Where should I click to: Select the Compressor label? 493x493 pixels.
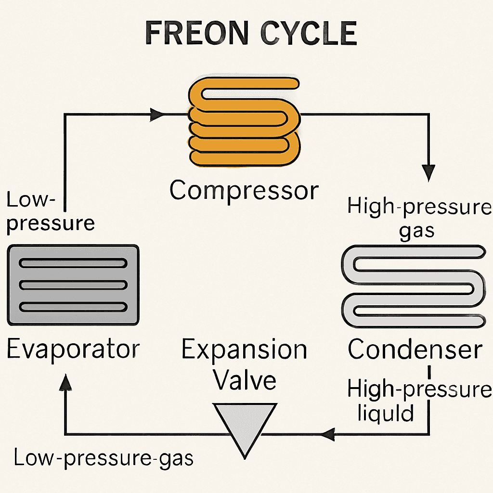click(x=244, y=191)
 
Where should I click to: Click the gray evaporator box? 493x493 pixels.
click(x=73, y=285)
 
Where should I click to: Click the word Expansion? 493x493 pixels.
click(x=244, y=350)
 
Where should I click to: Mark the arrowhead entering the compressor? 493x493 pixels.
click(x=157, y=115)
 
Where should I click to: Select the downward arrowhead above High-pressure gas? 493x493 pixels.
click(x=428, y=172)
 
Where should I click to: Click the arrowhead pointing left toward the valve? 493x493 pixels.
click(x=327, y=435)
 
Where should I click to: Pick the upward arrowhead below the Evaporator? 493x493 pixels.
click(x=65, y=383)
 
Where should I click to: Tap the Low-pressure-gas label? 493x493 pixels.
click(x=104, y=458)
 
